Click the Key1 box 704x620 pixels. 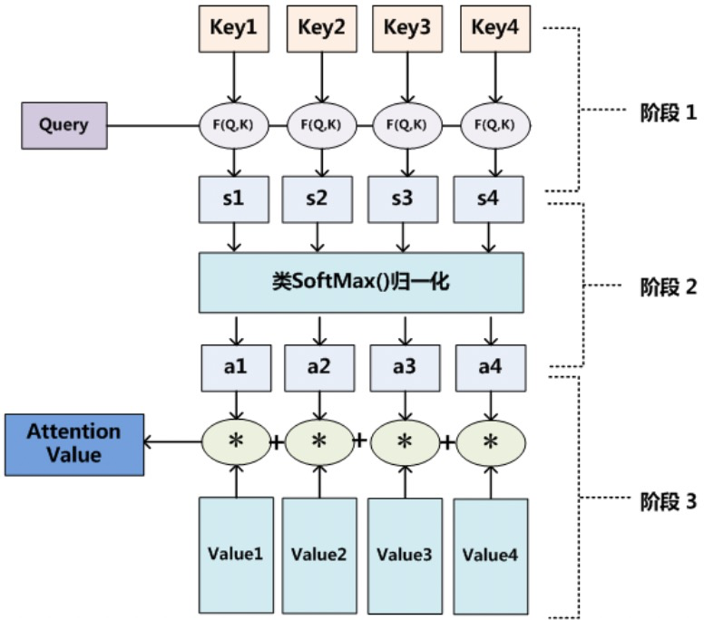pos(234,29)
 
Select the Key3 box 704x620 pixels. pos(407,29)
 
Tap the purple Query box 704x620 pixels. pos(64,126)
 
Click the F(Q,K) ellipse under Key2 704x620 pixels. pos(321,126)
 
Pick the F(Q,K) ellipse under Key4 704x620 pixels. pos(495,126)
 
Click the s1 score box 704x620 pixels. pos(234,199)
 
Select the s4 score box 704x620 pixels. pos(488,199)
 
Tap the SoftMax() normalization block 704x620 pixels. pos(361,283)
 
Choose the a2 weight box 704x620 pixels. pos(319,368)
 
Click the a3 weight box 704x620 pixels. pos(405,368)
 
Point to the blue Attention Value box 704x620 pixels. pos(74,444)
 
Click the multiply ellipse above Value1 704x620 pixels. pos(236,442)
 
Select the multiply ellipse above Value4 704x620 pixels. pos(491,442)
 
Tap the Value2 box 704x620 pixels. pos(319,556)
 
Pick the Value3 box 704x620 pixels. pos(405,556)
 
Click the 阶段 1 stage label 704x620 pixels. pos(668,112)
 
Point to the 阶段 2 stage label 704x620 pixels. pos(668,287)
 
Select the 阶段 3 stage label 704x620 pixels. pos(668,501)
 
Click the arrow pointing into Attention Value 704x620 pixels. pos(173,442)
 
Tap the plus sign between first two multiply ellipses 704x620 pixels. pos(277,443)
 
